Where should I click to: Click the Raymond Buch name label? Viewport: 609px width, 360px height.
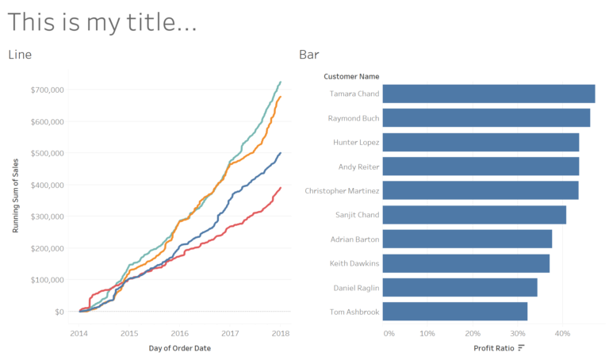(354, 118)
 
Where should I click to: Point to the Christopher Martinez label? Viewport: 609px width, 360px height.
(342, 191)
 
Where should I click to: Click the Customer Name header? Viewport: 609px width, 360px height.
(351, 77)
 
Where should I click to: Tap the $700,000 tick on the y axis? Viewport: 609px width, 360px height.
(48, 90)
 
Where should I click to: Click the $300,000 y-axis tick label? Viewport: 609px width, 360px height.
(48, 216)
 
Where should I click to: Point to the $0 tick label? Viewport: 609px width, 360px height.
(59, 312)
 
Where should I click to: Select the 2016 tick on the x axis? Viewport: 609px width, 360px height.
(180, 333)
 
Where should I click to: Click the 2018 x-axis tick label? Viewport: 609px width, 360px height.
(280, 333)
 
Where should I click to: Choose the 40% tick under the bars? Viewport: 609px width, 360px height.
(562, 333)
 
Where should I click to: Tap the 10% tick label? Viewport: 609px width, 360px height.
(427, 333)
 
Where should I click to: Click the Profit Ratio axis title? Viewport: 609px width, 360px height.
(493, 348)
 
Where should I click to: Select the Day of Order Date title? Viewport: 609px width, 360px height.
(180, 348)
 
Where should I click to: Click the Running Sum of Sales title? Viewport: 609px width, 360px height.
(16, 196)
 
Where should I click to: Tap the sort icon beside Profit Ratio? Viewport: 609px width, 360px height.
(521, 348)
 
